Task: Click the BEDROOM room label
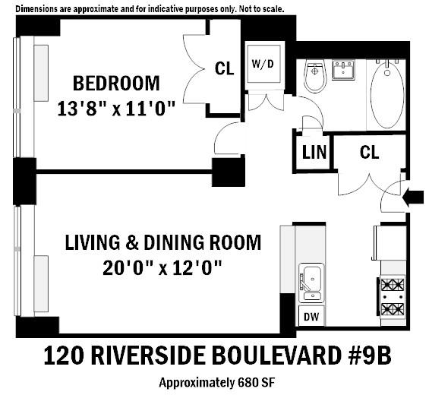click(x=115, y=83)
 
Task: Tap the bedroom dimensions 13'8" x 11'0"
click(x=115, y=109)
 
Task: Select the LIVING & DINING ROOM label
click(x=162, y=243)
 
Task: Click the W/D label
click(x=263, y=65)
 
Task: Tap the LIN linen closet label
click(x=314, y=151)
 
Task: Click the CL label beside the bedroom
click(x=224, y=68)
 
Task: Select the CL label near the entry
click(x=369, y=152)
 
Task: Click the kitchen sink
click(x=312, y=280)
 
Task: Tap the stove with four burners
click(x=392, y=297)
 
